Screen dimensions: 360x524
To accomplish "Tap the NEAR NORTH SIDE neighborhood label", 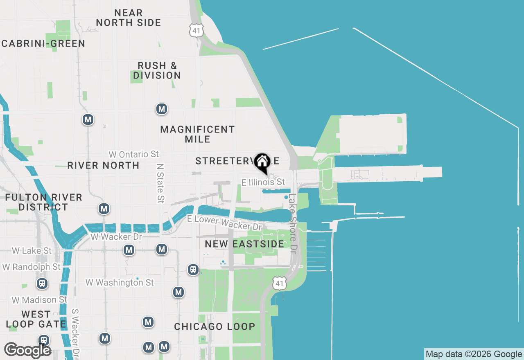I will tap(129, 18).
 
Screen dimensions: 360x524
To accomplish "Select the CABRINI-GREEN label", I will tap(43, 44).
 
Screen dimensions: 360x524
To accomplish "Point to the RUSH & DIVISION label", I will tap(157, 70).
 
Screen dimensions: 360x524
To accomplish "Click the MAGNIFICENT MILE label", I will tap(198, 134).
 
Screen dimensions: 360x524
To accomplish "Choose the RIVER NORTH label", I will tap(103, 165).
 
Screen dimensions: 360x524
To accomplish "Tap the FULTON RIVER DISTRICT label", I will tap(43, 202).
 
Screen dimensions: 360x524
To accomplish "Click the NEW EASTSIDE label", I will tap(244, 244).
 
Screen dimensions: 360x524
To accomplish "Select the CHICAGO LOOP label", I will tap(215, 326).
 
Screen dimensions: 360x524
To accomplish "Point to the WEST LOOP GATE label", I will tap(36, 319).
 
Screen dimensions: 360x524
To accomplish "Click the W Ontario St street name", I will tap(133, 154).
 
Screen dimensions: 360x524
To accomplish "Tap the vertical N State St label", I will tap(160, 183).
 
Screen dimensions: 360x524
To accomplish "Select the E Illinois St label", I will tap(263, 182).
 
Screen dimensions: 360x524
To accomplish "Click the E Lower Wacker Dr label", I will tap(224, 222).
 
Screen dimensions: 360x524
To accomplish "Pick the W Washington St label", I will tap(120, 282).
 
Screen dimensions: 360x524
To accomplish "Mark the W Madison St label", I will tap(39, 300).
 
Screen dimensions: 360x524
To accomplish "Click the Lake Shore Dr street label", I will tap(292, 223).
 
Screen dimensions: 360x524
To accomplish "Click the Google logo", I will tap(27, 350).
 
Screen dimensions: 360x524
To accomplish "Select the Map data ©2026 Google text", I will tap(474, 354).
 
